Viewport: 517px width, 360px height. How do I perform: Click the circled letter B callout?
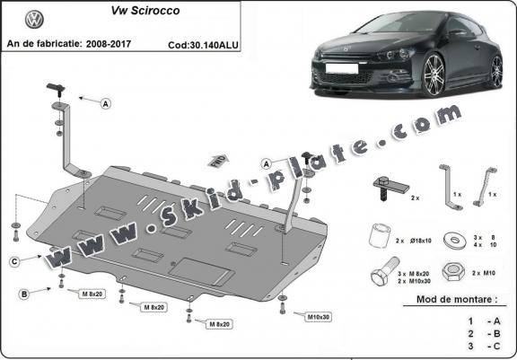[24, 293]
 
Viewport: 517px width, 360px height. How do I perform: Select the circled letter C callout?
[16, 261]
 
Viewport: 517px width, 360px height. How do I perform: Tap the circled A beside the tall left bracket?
[106, 104]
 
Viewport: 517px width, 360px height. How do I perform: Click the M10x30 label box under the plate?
[318, 316]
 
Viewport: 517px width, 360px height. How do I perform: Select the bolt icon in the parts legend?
[381, 272]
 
